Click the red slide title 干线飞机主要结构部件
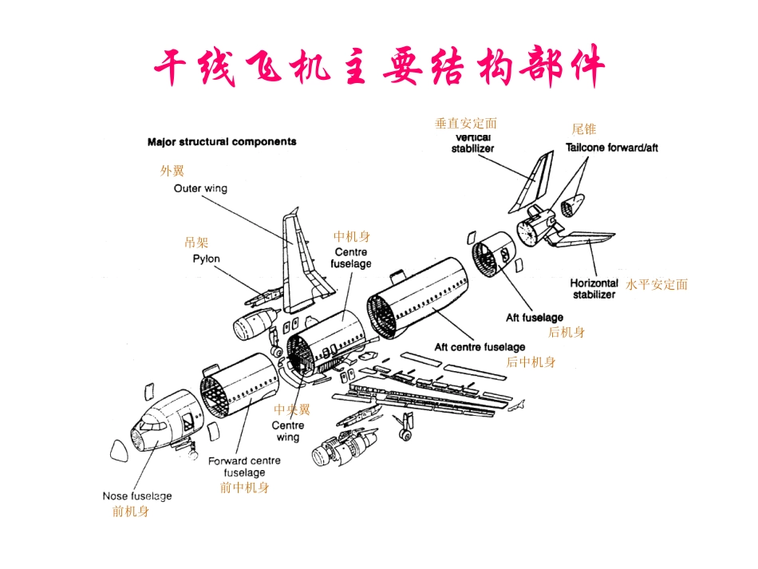[x=378, y=67]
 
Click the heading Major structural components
[x=222, y=142]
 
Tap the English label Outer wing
[x=200, y=189]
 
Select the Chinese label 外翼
[x=172, y=171]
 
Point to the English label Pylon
[x=206, y=259]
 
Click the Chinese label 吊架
[x=196, y=243]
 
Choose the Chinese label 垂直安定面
[x=466, y=124]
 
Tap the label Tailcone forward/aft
[x=612, y=148]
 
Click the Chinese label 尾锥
[x=584, y=129]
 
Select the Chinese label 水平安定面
[x=657, y=285]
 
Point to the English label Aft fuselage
[x=535, y=318]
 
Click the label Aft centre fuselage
[x=480, y=347]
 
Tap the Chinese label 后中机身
[x=531, y=362]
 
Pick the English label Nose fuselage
[x=137, y=496]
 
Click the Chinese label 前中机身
[x=244, y=488]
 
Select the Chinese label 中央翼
[x=292, y=409]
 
